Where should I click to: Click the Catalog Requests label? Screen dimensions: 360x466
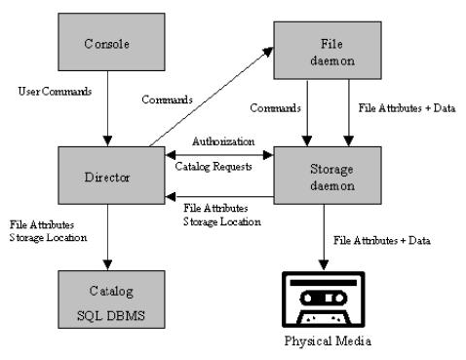(x=215, y=166)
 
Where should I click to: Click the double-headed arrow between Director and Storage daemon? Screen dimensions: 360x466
(x=223, y=153)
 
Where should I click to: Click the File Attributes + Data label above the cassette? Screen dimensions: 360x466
(x=381, y=239)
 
